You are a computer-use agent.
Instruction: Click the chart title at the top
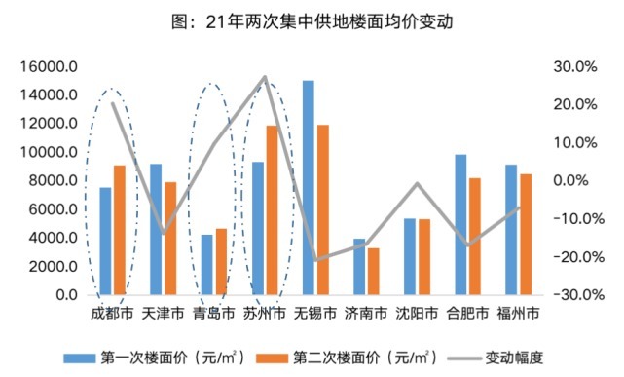click(312, 19)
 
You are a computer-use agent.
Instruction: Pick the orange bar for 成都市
click(119, 230)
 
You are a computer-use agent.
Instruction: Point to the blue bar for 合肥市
click(460, 224)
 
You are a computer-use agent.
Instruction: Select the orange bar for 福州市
click(526, 234)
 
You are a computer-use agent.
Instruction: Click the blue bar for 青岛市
click(206, 264)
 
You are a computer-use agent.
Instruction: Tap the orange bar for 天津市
click(169, 238)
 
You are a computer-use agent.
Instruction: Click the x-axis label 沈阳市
click(416, 314)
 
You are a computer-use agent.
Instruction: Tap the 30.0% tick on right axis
click(573, 67)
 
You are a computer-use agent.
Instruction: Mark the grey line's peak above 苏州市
click(266, 76)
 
